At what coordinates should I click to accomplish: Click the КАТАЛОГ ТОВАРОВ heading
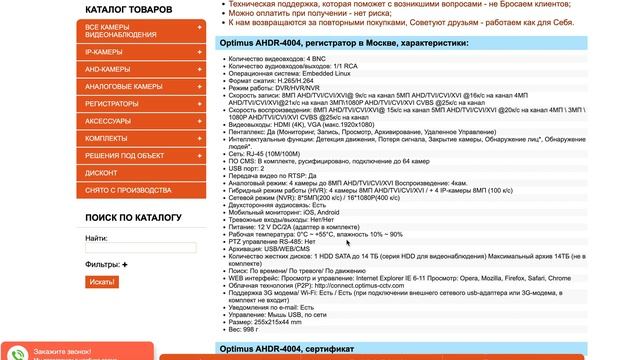(129, 9)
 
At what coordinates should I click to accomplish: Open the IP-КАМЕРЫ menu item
(104, 50)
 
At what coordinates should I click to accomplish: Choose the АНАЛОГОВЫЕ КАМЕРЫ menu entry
(124, 86)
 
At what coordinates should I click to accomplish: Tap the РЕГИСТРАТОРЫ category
(112, 103)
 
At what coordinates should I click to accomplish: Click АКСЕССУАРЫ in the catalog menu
(108, 120)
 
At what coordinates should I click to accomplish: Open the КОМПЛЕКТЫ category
(106, 138)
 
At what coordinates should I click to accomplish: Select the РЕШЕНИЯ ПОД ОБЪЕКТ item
(125, 155)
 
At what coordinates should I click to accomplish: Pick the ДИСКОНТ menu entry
(101, 173)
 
